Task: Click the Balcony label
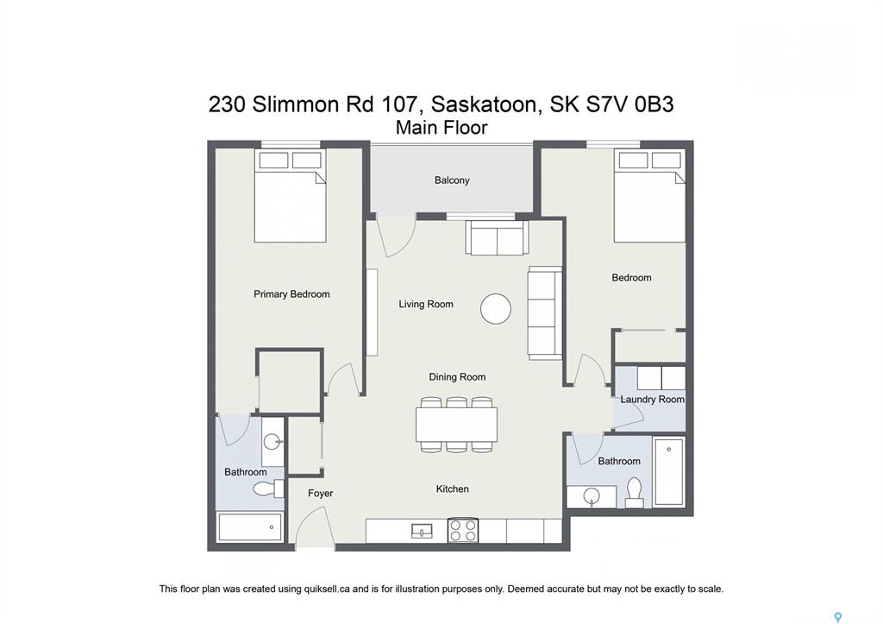452,180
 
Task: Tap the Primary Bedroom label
291,294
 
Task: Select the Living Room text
426,305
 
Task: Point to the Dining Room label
457,377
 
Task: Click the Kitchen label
452,488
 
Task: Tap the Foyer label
321,493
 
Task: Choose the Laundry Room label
652,399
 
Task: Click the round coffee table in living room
496,309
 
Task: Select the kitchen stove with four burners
463,531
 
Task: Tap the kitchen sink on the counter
422,531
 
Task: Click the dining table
457,425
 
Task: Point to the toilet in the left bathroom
268,488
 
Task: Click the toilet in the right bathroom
634,492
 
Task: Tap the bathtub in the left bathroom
250,527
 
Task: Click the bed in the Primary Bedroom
290,196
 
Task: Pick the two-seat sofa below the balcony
498,237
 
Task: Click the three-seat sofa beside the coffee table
545,313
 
